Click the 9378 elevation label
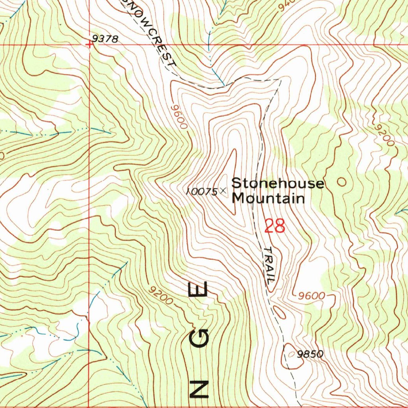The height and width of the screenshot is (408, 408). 105,39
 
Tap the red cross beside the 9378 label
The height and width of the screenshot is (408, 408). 90,44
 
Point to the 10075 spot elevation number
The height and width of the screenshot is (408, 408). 202,192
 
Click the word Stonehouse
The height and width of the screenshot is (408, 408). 278,184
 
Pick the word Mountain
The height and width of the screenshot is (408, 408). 269,198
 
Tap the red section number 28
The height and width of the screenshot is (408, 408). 275,226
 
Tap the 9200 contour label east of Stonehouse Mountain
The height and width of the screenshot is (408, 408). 384,135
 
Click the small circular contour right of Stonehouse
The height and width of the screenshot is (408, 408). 341,182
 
